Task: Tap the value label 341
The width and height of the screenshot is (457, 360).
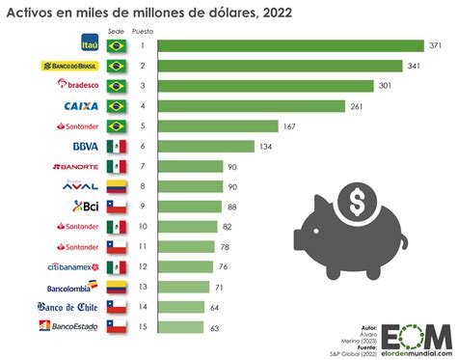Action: [414, 66]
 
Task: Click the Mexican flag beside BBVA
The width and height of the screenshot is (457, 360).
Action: [117, 147]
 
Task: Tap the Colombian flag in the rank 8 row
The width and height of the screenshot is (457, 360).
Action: [117, 186]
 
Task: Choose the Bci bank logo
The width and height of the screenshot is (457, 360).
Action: [84, 207]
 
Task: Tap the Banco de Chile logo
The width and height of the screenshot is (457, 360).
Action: [68, 308]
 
